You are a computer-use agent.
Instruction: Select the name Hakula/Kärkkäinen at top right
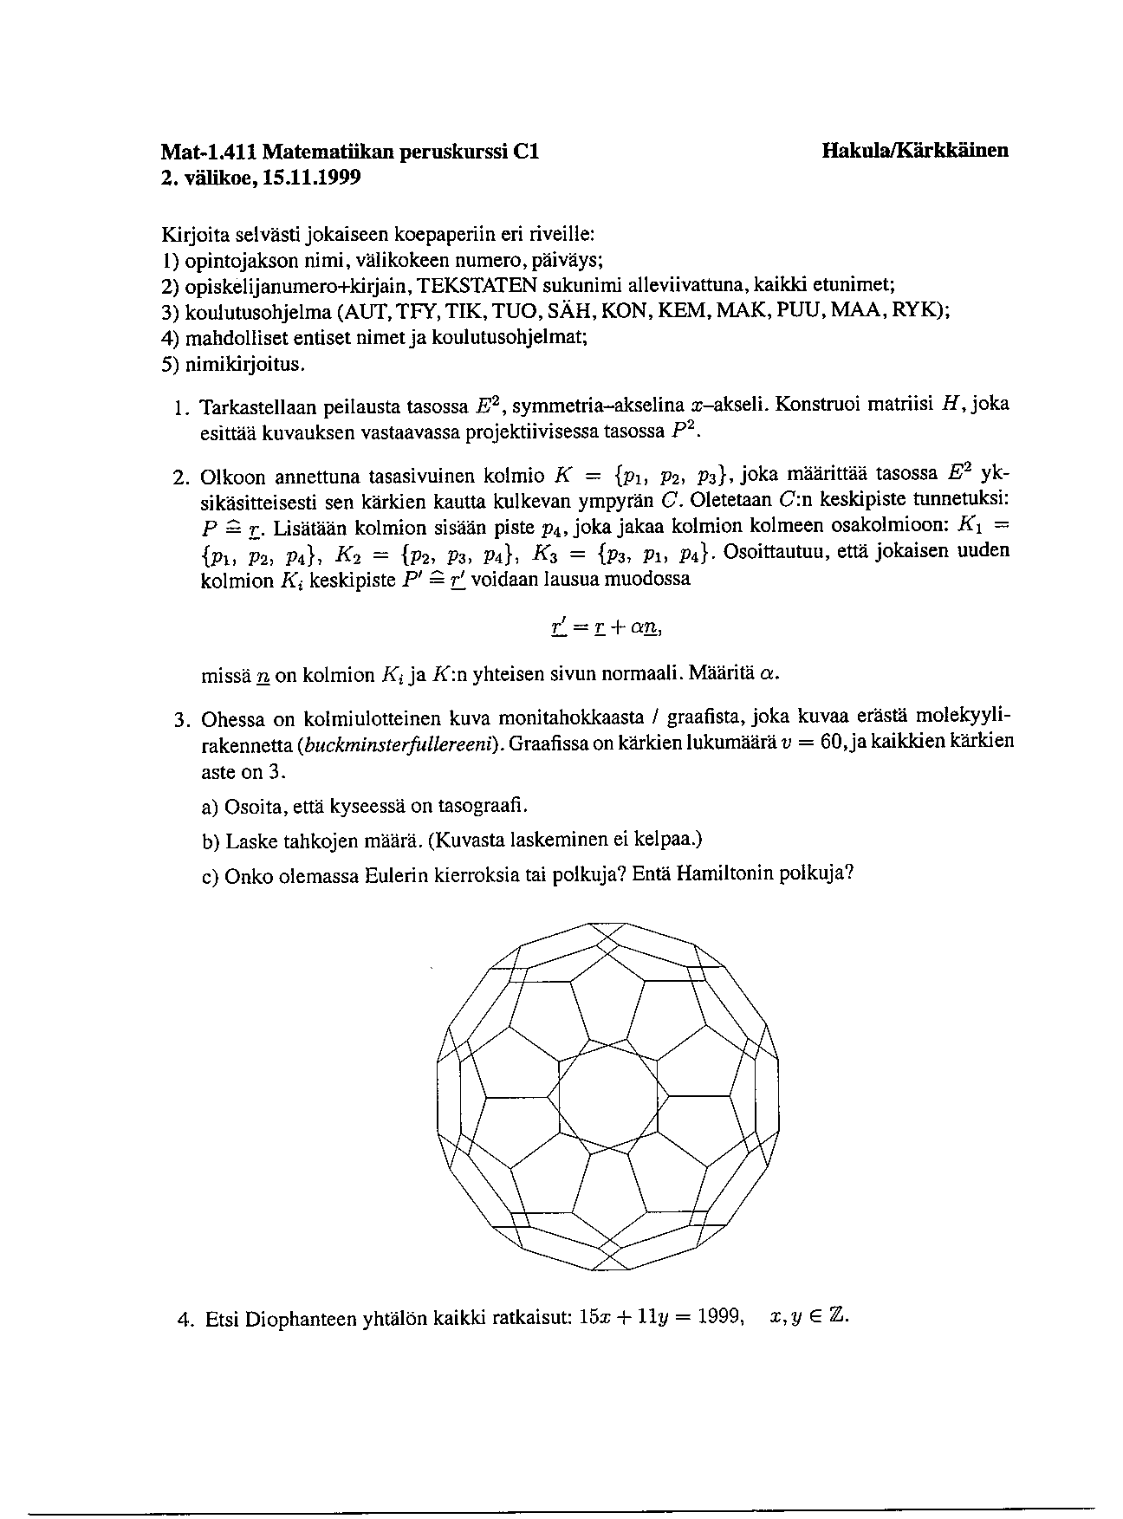(915, 150)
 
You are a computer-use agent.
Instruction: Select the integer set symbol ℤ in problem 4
(836, 1317)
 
